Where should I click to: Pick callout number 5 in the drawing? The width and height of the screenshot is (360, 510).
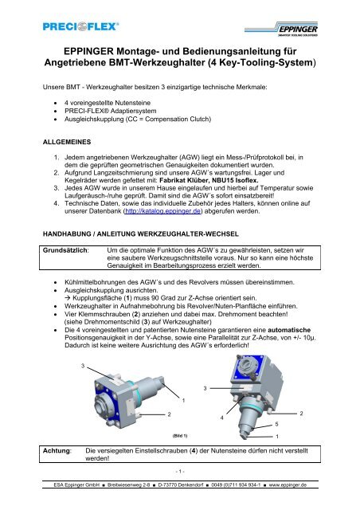pos(276,427)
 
